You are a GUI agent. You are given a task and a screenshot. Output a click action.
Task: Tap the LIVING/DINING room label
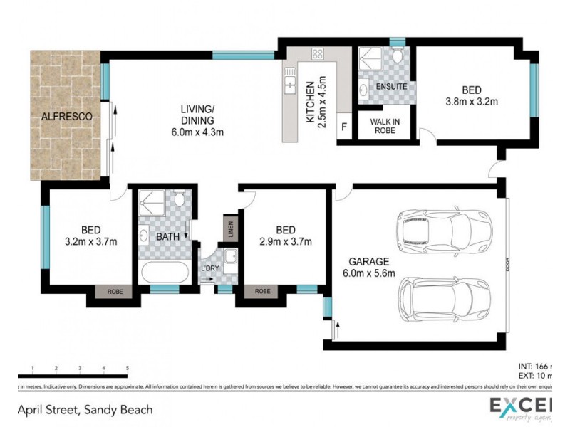click(197, 120)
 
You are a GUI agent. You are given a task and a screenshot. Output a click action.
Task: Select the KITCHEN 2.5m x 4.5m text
click(315, 100)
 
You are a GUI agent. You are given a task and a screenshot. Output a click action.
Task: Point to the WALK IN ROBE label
click(385, 126)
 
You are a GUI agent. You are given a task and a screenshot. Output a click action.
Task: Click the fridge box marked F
click(345, 127)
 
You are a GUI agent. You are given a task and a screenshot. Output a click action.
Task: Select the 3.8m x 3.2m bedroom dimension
click(471, 101)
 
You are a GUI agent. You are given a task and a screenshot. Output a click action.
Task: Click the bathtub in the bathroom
click(165, 273)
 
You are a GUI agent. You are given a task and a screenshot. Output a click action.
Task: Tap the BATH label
click(168, 236)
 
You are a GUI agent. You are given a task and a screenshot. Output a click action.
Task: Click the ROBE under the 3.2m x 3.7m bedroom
click(115, 291)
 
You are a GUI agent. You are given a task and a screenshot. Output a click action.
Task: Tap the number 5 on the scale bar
click(127, 369)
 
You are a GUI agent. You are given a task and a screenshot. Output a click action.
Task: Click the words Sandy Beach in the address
click(118, 410)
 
